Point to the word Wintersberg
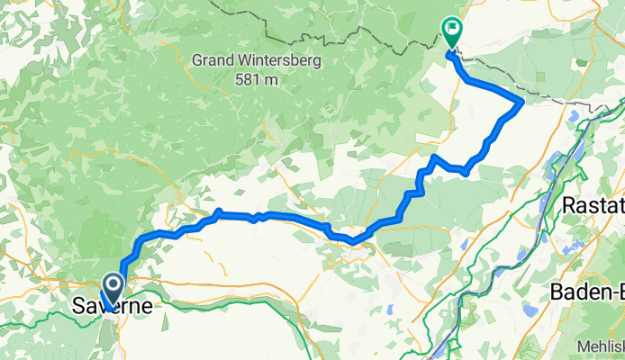(x=284, y=62)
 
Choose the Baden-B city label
(x=584, y=292)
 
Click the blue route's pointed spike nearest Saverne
(x=219, y=211)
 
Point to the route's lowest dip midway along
(x=356, y=240)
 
